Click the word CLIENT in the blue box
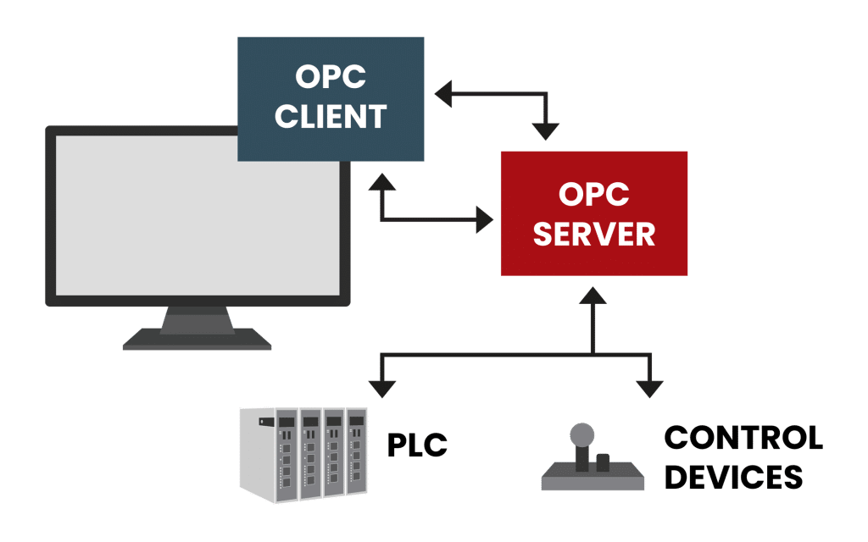coord(331,116)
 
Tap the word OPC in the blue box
coord(331,77)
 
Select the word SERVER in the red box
coord(593,233)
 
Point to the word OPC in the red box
coord(593,194)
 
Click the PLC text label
coord(416,445)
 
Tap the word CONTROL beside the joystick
coord(743,439)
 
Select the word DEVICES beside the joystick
coord(734,476)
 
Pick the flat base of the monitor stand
coord(197,340)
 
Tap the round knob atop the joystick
coord(581,436)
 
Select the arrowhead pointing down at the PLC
coord(382,388)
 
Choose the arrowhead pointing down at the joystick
coord(649,388)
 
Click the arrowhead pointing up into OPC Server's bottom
coord(593,296)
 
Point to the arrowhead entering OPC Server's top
coord(546,131)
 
